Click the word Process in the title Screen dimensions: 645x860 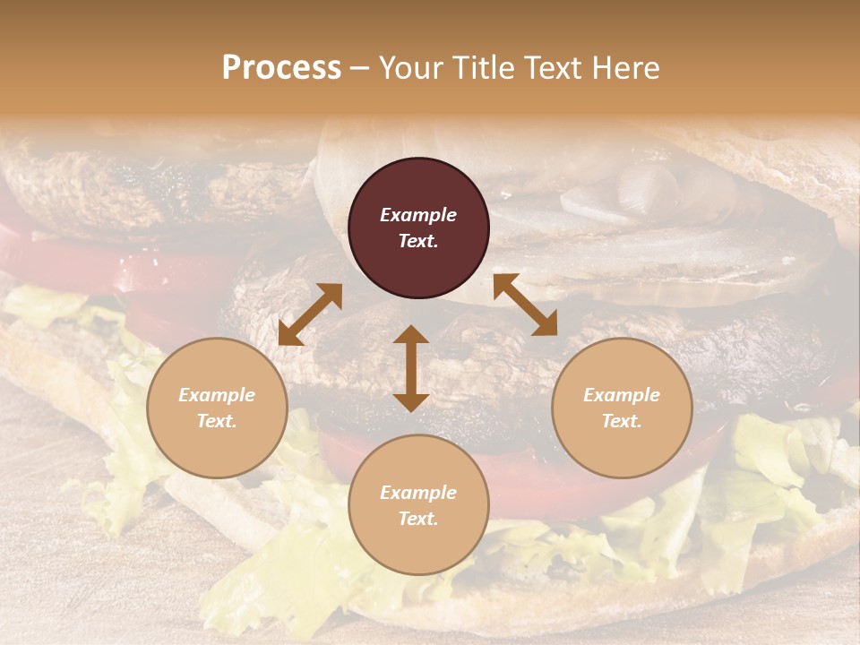click(281, 68)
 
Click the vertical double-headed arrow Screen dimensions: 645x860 click(411, 368)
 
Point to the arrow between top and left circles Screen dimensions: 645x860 click(310, 314)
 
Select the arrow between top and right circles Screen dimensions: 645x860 click(525, 305)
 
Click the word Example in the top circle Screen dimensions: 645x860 click(418, 215)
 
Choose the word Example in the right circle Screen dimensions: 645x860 click(622, 395)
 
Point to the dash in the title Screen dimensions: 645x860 click(360, 69)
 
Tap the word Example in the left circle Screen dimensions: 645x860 click(217, 395)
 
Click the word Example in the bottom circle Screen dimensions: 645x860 click(418, 493)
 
